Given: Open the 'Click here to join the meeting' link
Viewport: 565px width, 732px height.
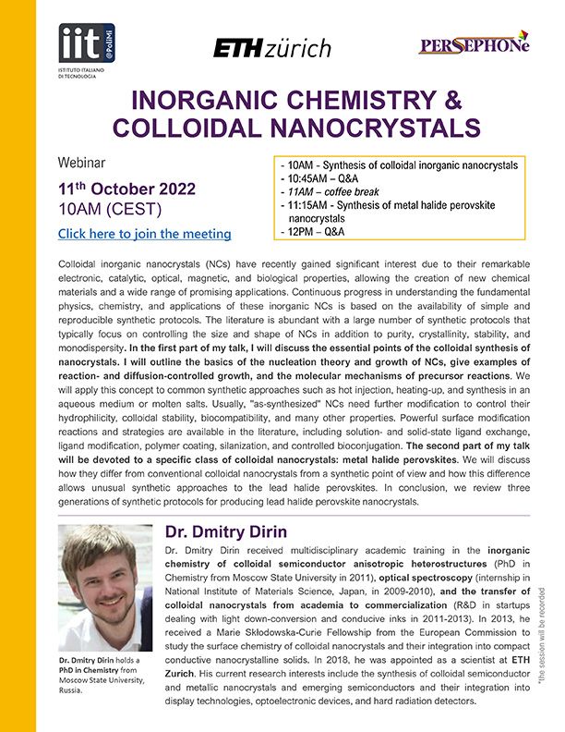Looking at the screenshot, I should coord(144,234).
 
